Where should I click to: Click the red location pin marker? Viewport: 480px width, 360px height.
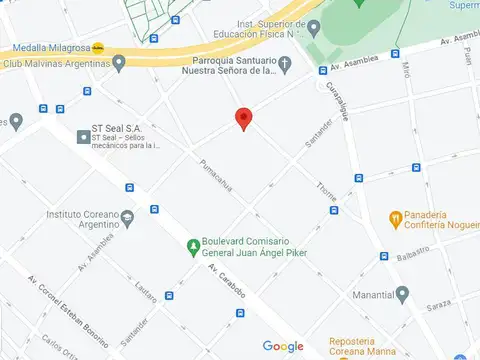[x=243, y=118]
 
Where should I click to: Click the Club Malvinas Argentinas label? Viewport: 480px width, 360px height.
[x=56, y=63]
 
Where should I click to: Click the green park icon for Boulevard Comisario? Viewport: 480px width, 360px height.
[x=193, y=246]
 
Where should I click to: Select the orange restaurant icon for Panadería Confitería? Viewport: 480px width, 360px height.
[x=396, y=217]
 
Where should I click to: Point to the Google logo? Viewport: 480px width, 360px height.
[x=283, y=346]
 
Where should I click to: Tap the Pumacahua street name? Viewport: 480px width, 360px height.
[x=216, y=177]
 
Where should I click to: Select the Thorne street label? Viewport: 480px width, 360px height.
[x=326, y=194]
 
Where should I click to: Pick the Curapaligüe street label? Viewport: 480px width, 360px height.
[x=337, y=101]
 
